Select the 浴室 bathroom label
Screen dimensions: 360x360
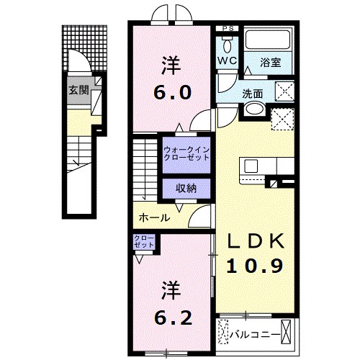(271, 63)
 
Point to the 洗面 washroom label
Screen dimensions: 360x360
(252, 93)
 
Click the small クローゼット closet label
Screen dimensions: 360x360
(144, 242)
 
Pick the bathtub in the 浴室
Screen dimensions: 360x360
(267, 40)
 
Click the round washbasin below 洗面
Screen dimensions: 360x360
(253, 109)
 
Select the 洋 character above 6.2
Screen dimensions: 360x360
(171, 288)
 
